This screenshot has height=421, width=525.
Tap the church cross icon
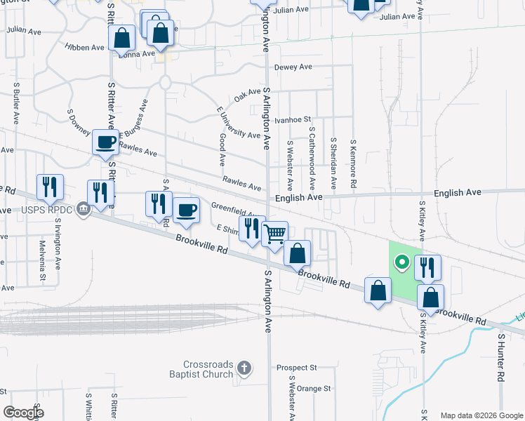coord(244,368)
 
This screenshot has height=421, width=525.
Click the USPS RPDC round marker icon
coord(84,208)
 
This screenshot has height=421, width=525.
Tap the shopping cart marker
coord(276,234)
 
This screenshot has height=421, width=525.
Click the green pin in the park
coord(401,264)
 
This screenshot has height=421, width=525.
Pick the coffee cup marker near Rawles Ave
coord(106,142)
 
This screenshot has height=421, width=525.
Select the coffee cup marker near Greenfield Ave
coord(186,210)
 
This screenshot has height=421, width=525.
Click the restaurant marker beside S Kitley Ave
coord(427,267)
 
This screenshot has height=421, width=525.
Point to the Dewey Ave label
coord(293,67)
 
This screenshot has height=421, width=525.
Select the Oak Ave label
coord(247,95)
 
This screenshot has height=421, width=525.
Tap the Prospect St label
coord(297,367)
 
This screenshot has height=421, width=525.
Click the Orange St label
coord(313,388)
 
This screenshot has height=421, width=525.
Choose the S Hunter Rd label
coord(500,358)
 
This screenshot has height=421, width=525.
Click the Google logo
coord(23,413)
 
